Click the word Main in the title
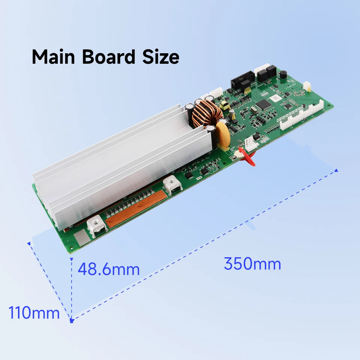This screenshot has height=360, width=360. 55,57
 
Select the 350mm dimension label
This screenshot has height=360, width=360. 252,264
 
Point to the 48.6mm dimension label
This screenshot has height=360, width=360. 108,269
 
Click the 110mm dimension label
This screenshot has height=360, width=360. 34,313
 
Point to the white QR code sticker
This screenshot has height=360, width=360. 276,97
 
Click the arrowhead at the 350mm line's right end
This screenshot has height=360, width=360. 336,170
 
